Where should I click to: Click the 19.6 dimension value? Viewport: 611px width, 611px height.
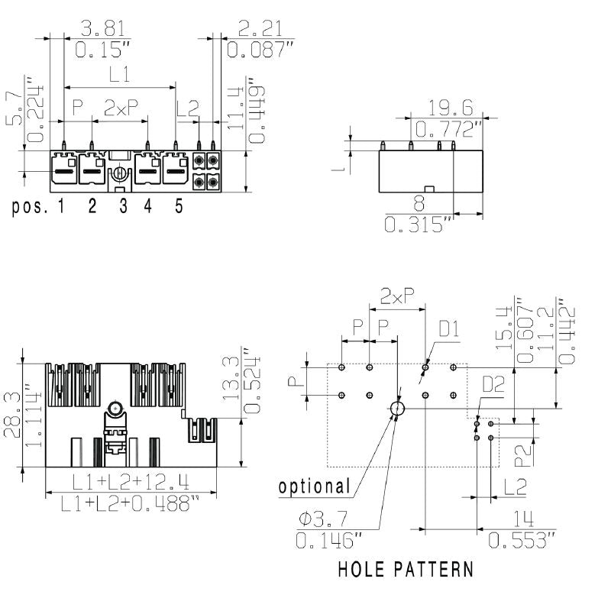[x=451, y=106]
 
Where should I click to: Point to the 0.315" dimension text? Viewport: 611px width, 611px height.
[x=419, y=225]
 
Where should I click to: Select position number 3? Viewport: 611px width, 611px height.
[x=123, y=207]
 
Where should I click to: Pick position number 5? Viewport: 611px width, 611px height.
[x=179, y=207]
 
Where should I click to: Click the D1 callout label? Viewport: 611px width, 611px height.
[x=449, y=329]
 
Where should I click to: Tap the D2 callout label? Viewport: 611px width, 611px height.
[x=493, y=384]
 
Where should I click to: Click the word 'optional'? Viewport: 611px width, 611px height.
[x=314, y=486]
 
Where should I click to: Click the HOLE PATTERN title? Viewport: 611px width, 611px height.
[x=405, y=569]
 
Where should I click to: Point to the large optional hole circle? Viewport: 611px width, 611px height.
[x=397, y=409]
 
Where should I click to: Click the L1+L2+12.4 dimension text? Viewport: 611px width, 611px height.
[x=131, y=482]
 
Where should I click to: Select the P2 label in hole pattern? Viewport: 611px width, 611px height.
[x=522, y=456]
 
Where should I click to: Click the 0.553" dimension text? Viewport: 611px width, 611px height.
[x=522, y=541]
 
